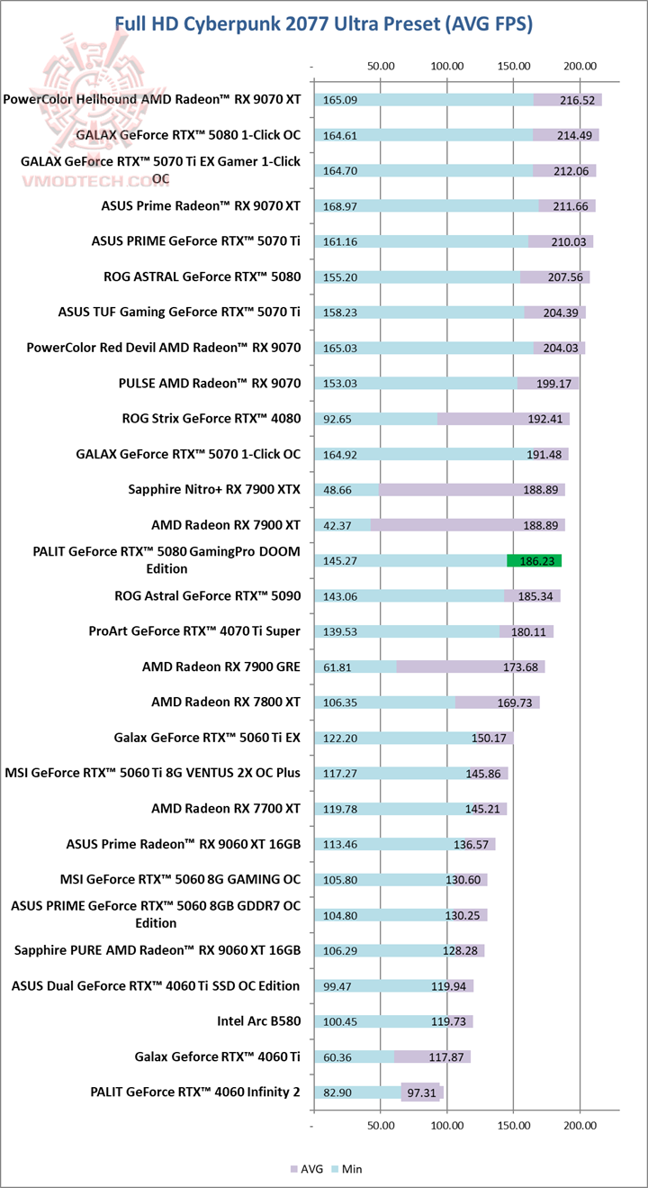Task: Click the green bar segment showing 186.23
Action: click(x=535, y=560)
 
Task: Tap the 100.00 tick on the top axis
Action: click(x=447, y=66)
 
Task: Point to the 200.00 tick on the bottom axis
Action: click(x=580, y=1126)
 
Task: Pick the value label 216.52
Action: click(x=577, y=100)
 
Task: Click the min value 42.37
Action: click(x=338, y=525)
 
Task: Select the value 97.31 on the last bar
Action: click(x=421, y=1093)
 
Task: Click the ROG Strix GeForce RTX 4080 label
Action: click(x=211, y=418)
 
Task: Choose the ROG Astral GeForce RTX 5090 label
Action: click(x=208, y=595)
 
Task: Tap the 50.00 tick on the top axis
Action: click(x=381, y=66)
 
